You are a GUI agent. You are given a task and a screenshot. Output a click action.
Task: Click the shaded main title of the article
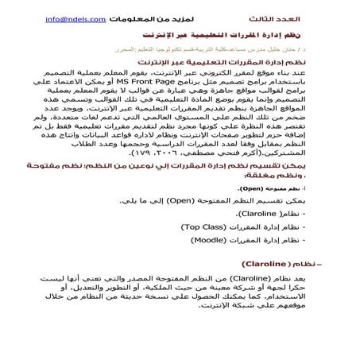[x=223, y=37]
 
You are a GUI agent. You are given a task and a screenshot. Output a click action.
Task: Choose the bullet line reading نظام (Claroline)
[x=274, y=215]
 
